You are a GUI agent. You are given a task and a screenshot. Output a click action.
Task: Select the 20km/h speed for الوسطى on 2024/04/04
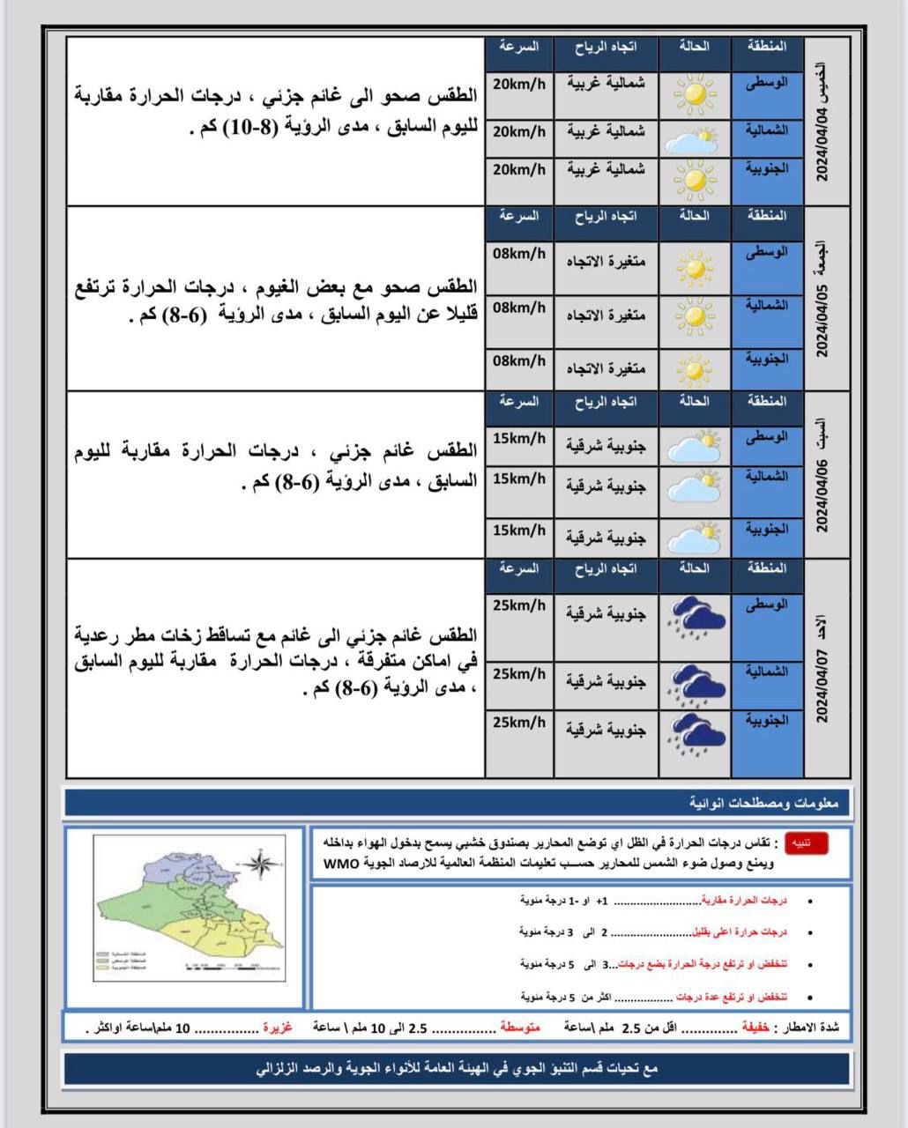(x=519, y=85)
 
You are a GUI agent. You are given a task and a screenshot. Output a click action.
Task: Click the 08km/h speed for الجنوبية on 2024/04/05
(x=519, y=361)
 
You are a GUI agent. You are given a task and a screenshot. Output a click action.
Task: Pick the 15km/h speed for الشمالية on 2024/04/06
(x=519, y=479)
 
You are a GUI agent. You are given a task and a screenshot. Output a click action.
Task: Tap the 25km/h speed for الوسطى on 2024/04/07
(x=519, y=606)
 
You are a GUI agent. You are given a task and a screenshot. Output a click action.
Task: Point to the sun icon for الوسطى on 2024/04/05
(x=695, y=268)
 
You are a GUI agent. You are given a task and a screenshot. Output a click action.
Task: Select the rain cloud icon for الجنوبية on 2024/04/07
(x=696, y=735)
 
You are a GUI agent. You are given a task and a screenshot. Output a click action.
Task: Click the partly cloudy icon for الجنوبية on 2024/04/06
(x=695, y=537)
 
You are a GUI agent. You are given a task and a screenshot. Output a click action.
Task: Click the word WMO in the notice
(x=339, y=864)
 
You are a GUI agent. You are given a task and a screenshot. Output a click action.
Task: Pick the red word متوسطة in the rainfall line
(x=520, y=1028)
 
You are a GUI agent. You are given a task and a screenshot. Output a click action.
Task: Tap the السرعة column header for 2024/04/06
(x=519, y=402)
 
